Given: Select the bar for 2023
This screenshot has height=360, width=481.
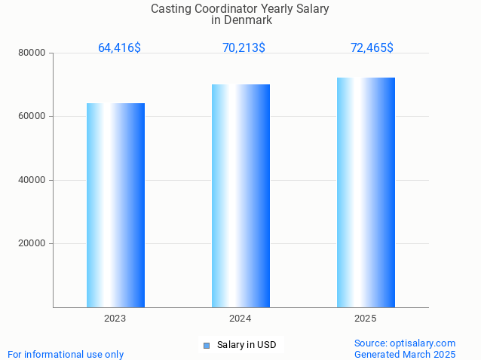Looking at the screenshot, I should point(115,205).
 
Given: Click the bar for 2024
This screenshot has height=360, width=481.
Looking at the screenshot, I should point(240,196).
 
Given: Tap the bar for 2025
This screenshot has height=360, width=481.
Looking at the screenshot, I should point(366,192).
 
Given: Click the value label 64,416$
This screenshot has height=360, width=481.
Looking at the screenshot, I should point(119,48).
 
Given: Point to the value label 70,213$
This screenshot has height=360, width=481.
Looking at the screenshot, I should point(244,48).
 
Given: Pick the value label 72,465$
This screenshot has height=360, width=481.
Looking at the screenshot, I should point(372,48).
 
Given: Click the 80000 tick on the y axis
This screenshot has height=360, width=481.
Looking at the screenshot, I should point(32,53).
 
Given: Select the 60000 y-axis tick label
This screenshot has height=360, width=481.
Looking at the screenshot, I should point(32,117).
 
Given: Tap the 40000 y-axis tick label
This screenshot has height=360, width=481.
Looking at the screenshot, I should point(32,180).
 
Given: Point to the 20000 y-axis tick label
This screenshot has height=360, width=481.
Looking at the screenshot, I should point(32,244).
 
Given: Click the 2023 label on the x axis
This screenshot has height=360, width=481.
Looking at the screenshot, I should point(115,319).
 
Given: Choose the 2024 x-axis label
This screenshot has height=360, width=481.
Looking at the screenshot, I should point(240,319).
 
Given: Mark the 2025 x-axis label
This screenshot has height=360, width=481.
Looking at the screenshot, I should point(366,319).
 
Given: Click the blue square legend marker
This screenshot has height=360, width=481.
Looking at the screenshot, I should point(206,346).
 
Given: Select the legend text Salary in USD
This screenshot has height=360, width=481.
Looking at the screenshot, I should point(247,345).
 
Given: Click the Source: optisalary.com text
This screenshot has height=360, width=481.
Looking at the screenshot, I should point(405,343).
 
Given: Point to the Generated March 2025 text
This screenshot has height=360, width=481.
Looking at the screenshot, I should point(405,354).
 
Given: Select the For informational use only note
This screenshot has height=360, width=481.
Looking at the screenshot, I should point(66,354).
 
